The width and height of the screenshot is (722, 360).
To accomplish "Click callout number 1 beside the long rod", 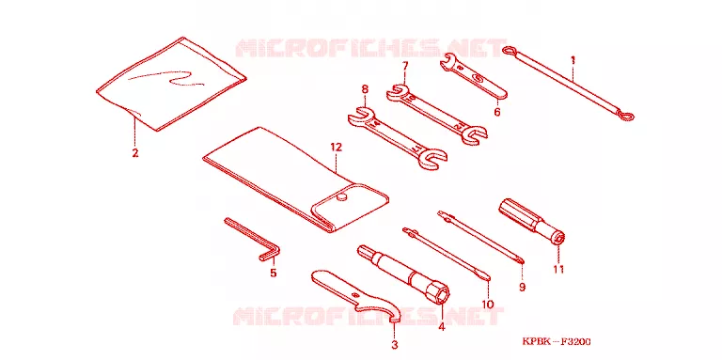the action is [x=573, y=60].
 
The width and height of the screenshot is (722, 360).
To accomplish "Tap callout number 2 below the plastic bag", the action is [x=135, y=153].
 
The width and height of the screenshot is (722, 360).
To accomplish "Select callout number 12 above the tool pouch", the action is [x=337, y=148].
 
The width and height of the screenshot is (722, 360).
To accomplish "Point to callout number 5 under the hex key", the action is [x=273, y=273].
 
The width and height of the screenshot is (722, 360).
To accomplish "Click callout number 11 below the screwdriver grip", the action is [x=558, y=270].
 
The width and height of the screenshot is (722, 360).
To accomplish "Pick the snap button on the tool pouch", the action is [x=340, y=197].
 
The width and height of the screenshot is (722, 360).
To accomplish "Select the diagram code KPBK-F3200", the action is [x=557, y=341].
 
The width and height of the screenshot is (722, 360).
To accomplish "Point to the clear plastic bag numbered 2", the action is [x=171, y=84].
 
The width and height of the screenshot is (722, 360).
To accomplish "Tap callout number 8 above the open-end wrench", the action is [x=365, y=88].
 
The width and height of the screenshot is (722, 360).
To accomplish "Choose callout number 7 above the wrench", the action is [x=404, y=66].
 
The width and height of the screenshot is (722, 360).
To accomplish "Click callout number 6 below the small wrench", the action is [x=496, y=112].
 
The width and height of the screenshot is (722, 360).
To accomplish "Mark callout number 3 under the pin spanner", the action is [x=395, y=344].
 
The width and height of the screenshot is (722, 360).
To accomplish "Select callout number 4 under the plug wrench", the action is [x=442, y=327].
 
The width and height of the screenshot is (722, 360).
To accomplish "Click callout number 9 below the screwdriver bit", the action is [x=522, y=288].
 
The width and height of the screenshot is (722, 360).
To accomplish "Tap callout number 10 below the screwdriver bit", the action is [x=488, y=305].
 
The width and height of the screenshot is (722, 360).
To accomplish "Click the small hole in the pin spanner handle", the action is [x=354, y=295].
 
